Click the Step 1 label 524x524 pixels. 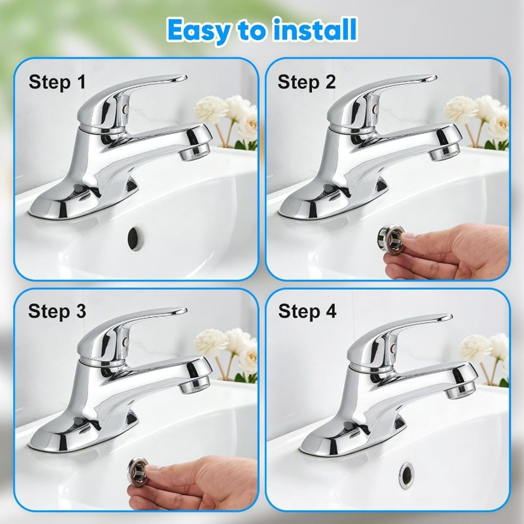coord(57,82)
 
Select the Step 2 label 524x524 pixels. coord(307,82)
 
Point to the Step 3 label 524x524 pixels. coord(57,311)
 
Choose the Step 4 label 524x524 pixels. coord(307,311)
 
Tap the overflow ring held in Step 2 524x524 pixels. coord(387,235)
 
